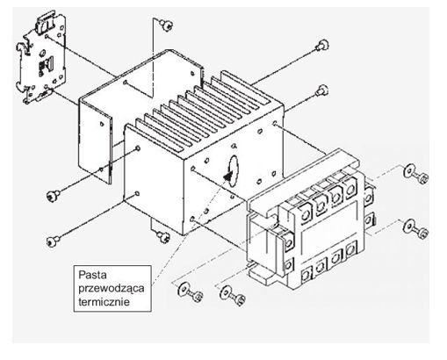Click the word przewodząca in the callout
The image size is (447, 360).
[112, 288]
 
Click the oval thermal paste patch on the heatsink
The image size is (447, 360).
[233, 171]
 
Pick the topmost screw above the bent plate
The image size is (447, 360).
[166, 25]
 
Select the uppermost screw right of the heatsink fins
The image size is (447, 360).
[322, 46]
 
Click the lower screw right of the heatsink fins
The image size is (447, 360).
[322, 90]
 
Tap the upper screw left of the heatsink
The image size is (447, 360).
[54, 195]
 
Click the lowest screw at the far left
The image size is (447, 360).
[54, 241]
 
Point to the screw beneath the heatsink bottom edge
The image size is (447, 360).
[162, 236]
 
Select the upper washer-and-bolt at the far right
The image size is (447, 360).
[415, 173]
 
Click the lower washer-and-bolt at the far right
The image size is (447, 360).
[415, 228]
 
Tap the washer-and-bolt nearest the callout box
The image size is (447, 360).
[191, 292]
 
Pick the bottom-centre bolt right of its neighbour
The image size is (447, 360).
[233, 296]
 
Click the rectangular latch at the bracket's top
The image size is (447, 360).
[46, 22]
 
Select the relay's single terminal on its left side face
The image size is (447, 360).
[288, 241]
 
